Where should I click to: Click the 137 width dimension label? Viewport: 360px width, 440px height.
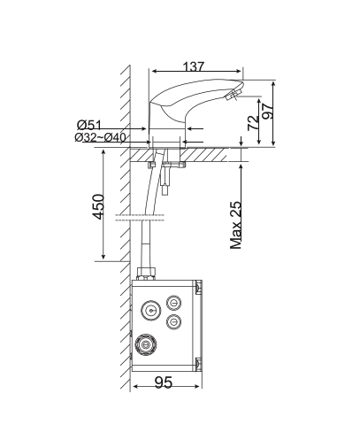[x=195, y=66]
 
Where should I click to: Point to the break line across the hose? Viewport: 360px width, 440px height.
[x=142, y=216]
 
